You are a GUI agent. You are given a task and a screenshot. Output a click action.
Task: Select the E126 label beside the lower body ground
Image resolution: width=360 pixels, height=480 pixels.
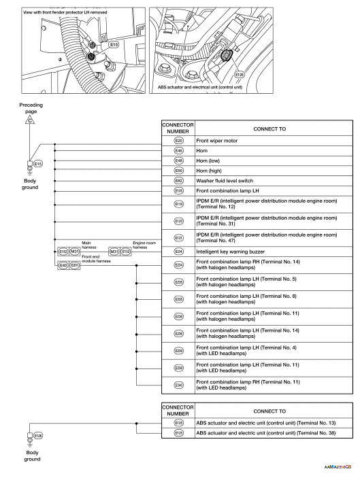pyautogui.click(x=38, y=436)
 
